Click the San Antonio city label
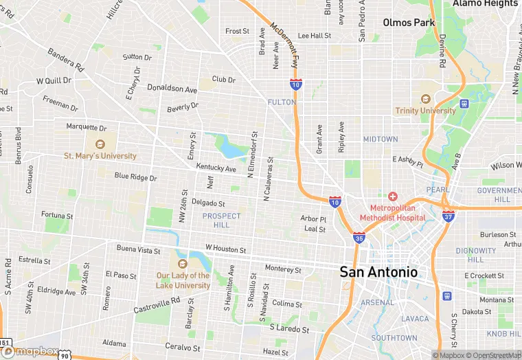click(x=378, y=271)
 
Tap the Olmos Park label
click(x=409, y=23)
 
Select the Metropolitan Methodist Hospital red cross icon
click(x=393, y=196)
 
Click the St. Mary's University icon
click(x=100, y=144)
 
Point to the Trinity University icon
click(x=424, y=99)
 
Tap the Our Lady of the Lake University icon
click(x=183, y=264)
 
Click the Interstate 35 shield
click(x=359, y=238)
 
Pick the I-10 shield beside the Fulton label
click(x=295, y=85)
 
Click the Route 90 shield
click(x=64, y=355)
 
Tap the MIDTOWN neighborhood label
click(x=381, y=139)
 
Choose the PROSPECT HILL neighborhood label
click(x=222, y=221)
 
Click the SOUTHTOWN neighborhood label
click(x=394, y=338)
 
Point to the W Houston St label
click(x=225, y=248)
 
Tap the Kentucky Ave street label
click(x=216, y=168)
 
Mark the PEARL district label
click(x=438, y=190)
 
